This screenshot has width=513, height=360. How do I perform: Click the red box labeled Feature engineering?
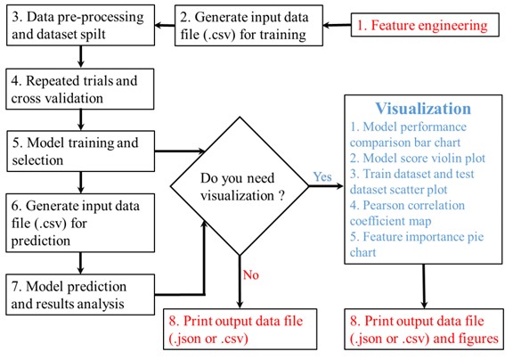click(425, 25)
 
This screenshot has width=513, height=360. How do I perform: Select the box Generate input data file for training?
click(248, 25)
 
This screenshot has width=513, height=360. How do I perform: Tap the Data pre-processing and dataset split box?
click(80, 25)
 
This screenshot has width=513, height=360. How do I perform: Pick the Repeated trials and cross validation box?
click(80, 89)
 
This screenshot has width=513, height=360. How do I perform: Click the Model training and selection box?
click(81, 151)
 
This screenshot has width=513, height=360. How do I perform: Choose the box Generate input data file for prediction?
click(80, 223)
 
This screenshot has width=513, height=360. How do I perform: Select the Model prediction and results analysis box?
click(80, 295)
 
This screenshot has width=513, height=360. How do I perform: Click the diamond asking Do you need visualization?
click(240, 186)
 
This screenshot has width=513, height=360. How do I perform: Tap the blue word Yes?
click(322, 176)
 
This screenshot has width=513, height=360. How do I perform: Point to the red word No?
click(250, 275)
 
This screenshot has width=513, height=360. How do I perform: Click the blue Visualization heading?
click(423, 109)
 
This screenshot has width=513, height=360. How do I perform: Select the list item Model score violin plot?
click(418, 158)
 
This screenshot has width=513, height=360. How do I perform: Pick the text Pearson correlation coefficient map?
click(407, 213)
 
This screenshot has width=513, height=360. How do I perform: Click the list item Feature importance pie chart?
click(417, 244)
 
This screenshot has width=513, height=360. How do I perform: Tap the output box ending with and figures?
click(424, 329)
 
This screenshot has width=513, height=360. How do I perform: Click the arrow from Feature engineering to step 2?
click(337, 25)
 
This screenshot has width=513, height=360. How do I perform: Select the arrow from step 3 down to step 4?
click(80, 57)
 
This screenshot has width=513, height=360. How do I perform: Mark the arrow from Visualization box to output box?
click(424, 286)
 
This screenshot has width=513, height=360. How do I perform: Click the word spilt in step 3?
click(94, 35)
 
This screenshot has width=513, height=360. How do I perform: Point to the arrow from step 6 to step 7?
click(80, 263)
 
